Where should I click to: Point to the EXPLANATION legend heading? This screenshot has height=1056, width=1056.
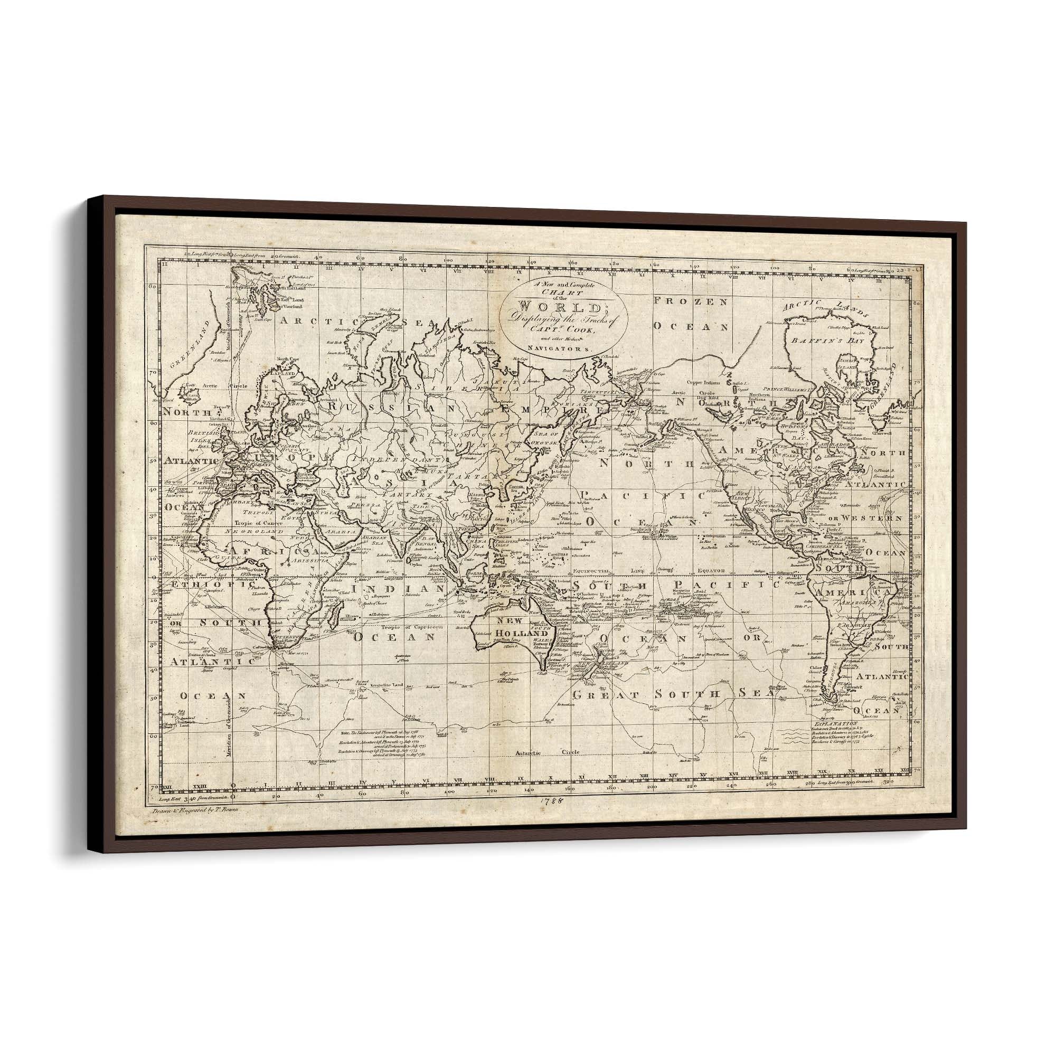(x=840, y=723)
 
